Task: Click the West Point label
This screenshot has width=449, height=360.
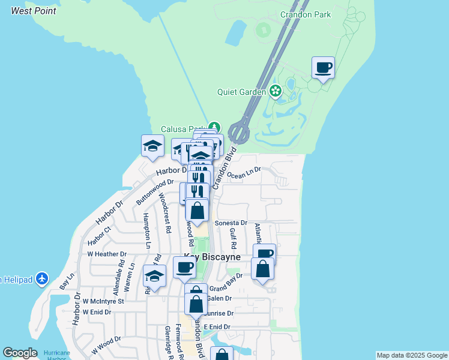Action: coord(34,11)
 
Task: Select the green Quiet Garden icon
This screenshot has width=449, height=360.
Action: coord(275,92)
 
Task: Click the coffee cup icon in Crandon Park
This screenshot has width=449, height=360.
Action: coord(323,67)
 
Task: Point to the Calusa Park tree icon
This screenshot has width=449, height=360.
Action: coord(215,128)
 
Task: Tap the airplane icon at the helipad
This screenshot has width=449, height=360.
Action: coord(41,278)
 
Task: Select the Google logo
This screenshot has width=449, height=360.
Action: coord(20,353)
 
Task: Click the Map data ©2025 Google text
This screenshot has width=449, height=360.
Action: coord(411,355)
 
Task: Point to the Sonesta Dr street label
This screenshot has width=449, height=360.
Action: coord(231,223)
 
